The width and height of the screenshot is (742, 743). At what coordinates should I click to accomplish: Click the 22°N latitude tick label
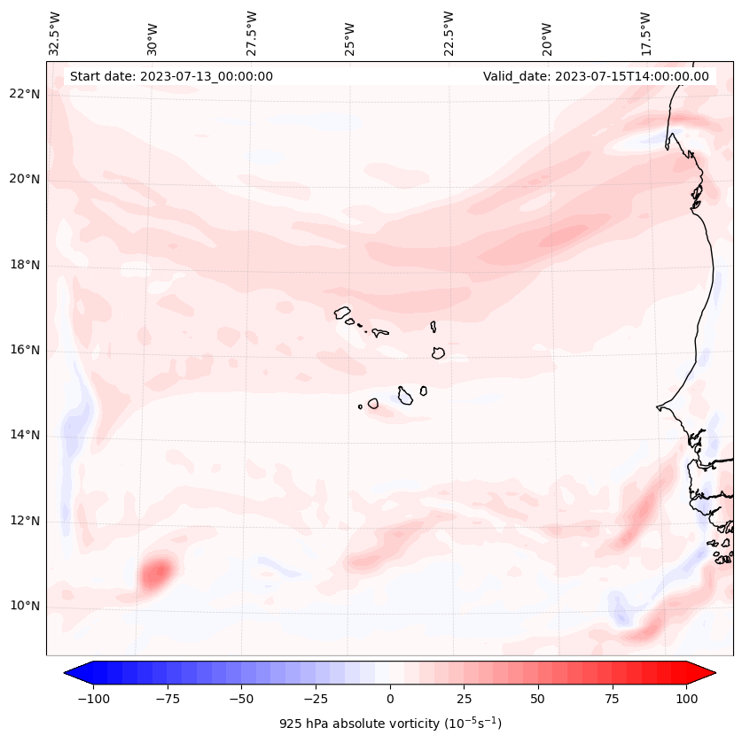(x=25, y=94)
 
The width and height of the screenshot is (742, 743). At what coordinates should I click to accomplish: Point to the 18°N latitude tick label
(x=25, y=265)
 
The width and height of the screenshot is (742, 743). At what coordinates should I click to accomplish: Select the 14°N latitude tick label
(x=25, y=435)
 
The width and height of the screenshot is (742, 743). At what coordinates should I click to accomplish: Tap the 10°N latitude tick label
(x=25, y=606)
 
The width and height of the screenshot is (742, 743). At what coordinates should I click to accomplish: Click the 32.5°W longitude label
(x=55, y=33)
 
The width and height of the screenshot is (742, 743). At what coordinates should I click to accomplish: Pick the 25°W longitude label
(x=350, y=33)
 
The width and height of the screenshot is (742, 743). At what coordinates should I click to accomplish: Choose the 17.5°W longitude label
(x=645, y=33)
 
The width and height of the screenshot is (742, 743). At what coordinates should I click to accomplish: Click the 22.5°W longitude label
(x=449, y=33)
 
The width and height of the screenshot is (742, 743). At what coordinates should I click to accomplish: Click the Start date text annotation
(x=171, y=76)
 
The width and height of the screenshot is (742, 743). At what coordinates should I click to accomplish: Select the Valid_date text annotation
(x=596, y=76)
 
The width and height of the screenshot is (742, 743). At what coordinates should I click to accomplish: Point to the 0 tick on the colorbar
(x=390, y=699)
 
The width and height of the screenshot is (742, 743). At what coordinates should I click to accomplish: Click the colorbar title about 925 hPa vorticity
(x=390, y=724)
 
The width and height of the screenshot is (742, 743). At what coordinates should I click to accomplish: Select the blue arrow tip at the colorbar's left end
(x=72, y=673)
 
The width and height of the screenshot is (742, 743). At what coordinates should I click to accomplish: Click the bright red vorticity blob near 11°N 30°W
(x=156, y=572)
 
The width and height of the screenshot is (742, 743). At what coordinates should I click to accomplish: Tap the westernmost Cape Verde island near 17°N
(x=342, y=313)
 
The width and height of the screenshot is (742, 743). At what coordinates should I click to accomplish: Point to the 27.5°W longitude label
(x=252, y=33)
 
